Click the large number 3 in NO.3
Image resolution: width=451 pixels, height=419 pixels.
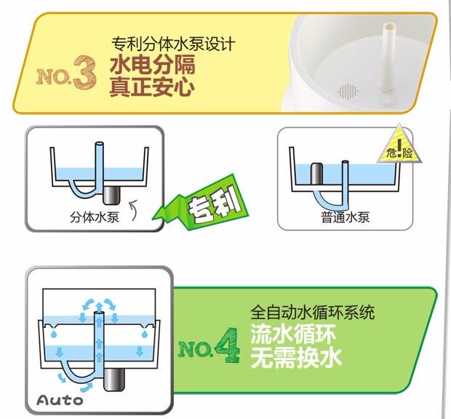[84, 72]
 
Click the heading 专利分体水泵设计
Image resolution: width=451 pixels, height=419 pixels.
[173, 44]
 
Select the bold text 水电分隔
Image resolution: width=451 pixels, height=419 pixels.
[153, 65]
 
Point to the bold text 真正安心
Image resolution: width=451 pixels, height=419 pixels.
[152, 87]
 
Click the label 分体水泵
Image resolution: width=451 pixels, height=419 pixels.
[95, 217]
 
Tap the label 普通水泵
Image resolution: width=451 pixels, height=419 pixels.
[345, 217]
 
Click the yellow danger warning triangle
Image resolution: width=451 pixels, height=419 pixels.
[399, 146]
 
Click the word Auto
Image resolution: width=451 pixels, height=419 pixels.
[60, 400]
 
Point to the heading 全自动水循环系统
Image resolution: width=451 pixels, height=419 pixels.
[312, 313]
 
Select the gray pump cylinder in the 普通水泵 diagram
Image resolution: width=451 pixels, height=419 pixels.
[317, 173]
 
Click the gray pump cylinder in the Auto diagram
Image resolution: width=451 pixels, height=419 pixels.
[113, 380]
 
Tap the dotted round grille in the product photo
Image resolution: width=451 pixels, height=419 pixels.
[348, 91]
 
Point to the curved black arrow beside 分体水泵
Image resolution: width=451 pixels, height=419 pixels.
[133, 211]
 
